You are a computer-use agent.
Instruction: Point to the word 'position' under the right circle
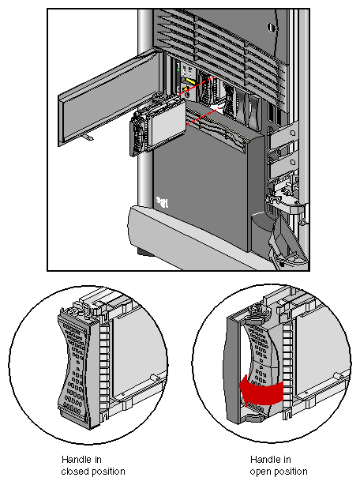click(x=289, y=472)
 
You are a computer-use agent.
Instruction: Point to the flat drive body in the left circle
click(x=134, y=363)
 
